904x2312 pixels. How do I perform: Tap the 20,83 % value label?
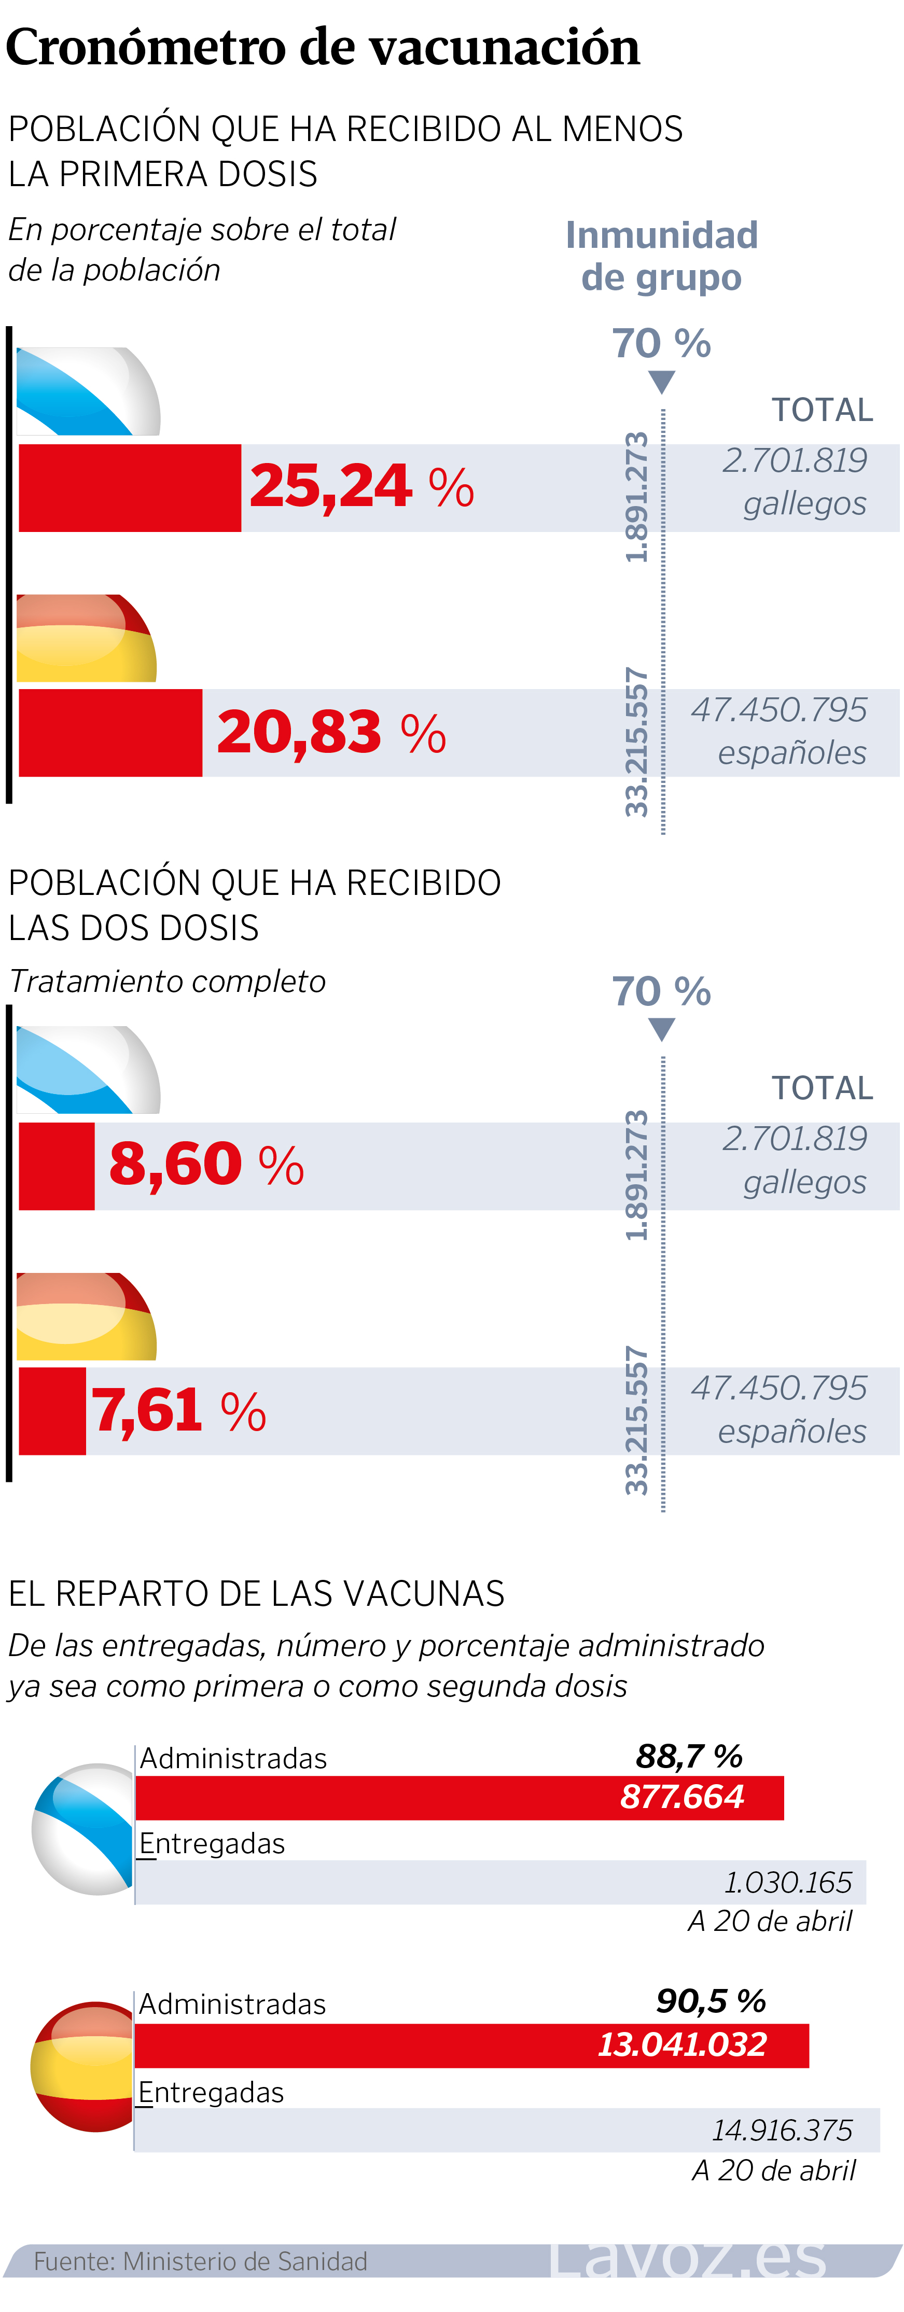pyautogui.click(x=331, y=732)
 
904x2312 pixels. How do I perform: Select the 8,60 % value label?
pyautogui.click(x=206, y=1165)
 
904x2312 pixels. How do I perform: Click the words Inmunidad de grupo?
pyautogui.click(x=662, y=256)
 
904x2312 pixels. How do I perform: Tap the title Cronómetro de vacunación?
pyautogui.click(x=323, y=47)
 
